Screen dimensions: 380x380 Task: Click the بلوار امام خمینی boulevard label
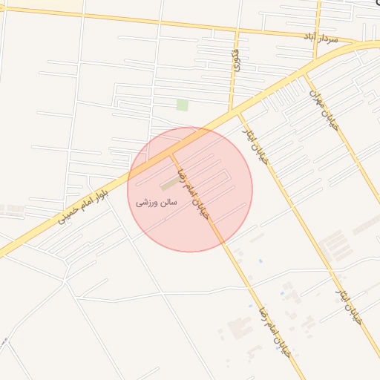[x=82, y=208]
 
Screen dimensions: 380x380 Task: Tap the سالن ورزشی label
[x=157, y=201]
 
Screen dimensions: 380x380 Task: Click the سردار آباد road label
[x=320, y=36]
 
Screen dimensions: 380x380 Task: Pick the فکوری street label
[x=235, y=56]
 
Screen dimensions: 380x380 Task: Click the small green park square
[x=182, y=105]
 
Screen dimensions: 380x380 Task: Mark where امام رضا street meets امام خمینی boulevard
[x=172, y=154]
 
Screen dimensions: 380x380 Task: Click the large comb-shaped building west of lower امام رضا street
[x=239, y=327]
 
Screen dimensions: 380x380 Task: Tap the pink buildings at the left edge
[x=10, y=210]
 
